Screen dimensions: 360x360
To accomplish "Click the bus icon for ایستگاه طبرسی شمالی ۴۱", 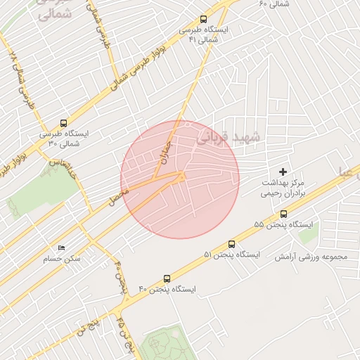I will (x=204, y=20).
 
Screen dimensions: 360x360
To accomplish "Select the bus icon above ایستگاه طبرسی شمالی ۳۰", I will (x=64, y=123).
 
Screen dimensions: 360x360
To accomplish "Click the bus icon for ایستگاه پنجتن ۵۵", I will (x=283, y=214).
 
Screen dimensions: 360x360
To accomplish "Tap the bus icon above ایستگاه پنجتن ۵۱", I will (x=232, y=244).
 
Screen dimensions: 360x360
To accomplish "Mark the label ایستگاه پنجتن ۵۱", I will (x=232, y=255).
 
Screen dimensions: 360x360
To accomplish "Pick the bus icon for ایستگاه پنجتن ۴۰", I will (x=167, y=278).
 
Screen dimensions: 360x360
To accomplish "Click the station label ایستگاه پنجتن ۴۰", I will (x=167, y=289).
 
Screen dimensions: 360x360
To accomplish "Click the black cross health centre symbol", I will (x=283, y=172).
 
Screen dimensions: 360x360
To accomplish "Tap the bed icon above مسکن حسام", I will (x=61, y=248).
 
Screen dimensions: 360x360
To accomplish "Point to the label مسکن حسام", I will (x=61, y=259).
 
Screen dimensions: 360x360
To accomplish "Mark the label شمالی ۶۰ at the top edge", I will (x=274, y=4).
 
